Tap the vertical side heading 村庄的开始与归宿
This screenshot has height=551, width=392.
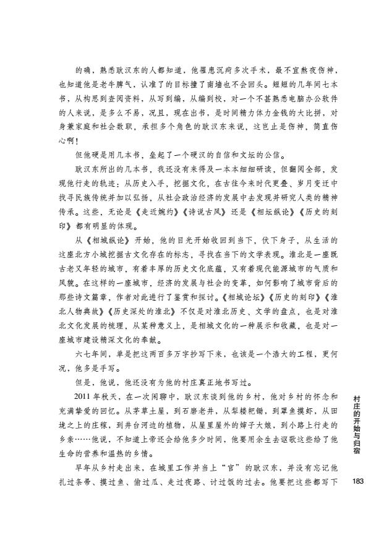click(357, 424)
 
